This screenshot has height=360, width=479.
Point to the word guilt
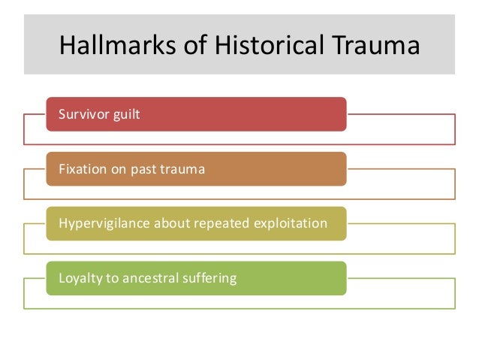coord(125,115)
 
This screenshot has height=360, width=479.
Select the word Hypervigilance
coord(101,224)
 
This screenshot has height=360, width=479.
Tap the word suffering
coord(209,279)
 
